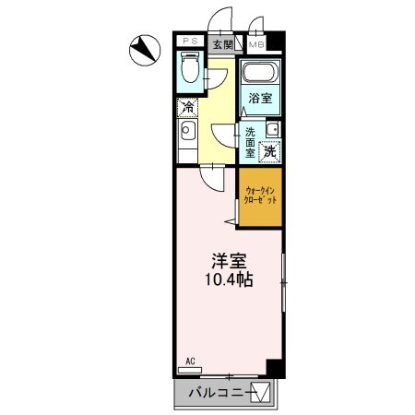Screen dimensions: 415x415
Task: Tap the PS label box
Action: coord(190,41)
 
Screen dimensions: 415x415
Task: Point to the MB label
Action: coord(255,42)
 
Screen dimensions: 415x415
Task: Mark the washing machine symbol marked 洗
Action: coord(271,150)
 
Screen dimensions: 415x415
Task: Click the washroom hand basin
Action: coord(274,127)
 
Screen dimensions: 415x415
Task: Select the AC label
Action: coord(190,361)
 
